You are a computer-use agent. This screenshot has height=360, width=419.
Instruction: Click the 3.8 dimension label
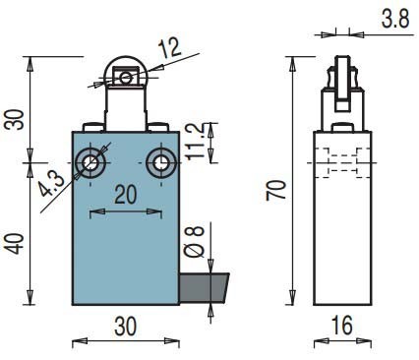click(395, 19)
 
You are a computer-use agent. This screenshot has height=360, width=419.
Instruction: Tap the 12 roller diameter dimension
click(169, 47)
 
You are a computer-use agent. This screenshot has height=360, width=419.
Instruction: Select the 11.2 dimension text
click(198, 142)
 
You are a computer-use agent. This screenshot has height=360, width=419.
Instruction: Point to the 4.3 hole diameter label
click(51, 185)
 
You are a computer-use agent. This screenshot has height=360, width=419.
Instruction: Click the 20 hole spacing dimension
click(126, 195)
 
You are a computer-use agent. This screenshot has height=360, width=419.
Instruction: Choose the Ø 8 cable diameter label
click(194, 242)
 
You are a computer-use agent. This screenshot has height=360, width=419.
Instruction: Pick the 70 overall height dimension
click(276, 190)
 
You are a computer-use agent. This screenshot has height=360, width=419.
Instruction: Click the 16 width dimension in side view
click(342, 326)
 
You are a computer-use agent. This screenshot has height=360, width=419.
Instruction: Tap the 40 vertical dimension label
click(16, 244)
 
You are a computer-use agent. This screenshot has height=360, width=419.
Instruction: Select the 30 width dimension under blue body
click(125, 327)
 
